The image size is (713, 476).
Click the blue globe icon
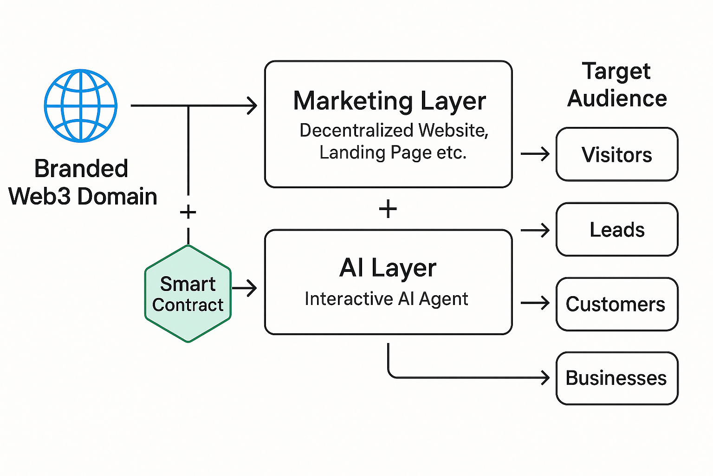[x=81, y=106]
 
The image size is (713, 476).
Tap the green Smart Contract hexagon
[x=188, y=294]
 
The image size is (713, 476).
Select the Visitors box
[x=617, y=154]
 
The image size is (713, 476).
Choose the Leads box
[x=617, y=230]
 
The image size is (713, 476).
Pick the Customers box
[x=617, y=304]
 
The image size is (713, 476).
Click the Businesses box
[x=617, y=378]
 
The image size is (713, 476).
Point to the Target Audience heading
[x=617, y=85]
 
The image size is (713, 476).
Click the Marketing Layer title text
[x=389, y=101]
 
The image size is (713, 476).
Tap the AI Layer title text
[x=388, y=268]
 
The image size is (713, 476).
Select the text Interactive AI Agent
[x=386, y=299]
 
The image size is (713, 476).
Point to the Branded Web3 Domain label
[x=82, y=182]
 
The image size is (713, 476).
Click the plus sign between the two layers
[x=388, y=209]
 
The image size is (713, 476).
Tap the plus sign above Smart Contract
[x=188, y=212]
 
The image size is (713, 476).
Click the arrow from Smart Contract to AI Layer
[x=245, y=288]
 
